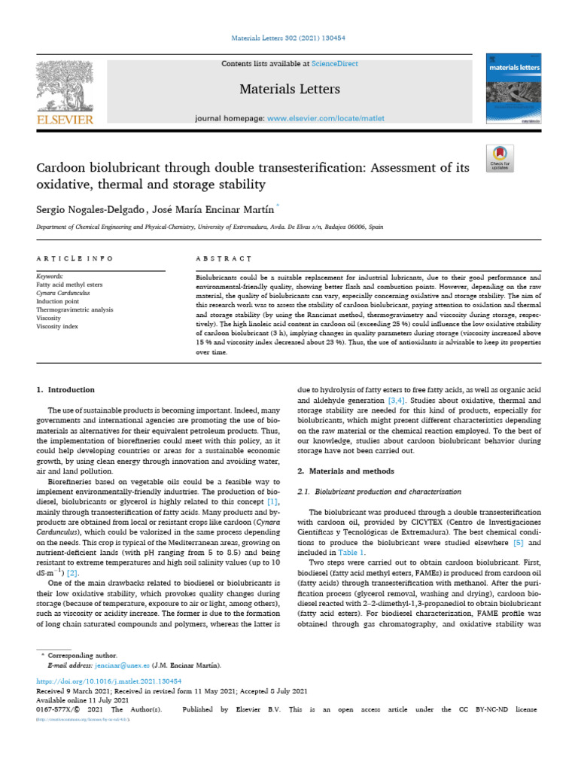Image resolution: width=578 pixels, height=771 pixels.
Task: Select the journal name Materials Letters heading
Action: (289, 90)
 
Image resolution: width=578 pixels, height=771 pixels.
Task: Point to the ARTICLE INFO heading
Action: (75, 259)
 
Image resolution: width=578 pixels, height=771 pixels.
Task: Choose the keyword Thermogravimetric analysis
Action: (75, 309)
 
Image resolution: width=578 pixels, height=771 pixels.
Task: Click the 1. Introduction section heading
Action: (66, 390)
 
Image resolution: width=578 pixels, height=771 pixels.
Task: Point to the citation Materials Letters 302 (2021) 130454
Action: (289, 39)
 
